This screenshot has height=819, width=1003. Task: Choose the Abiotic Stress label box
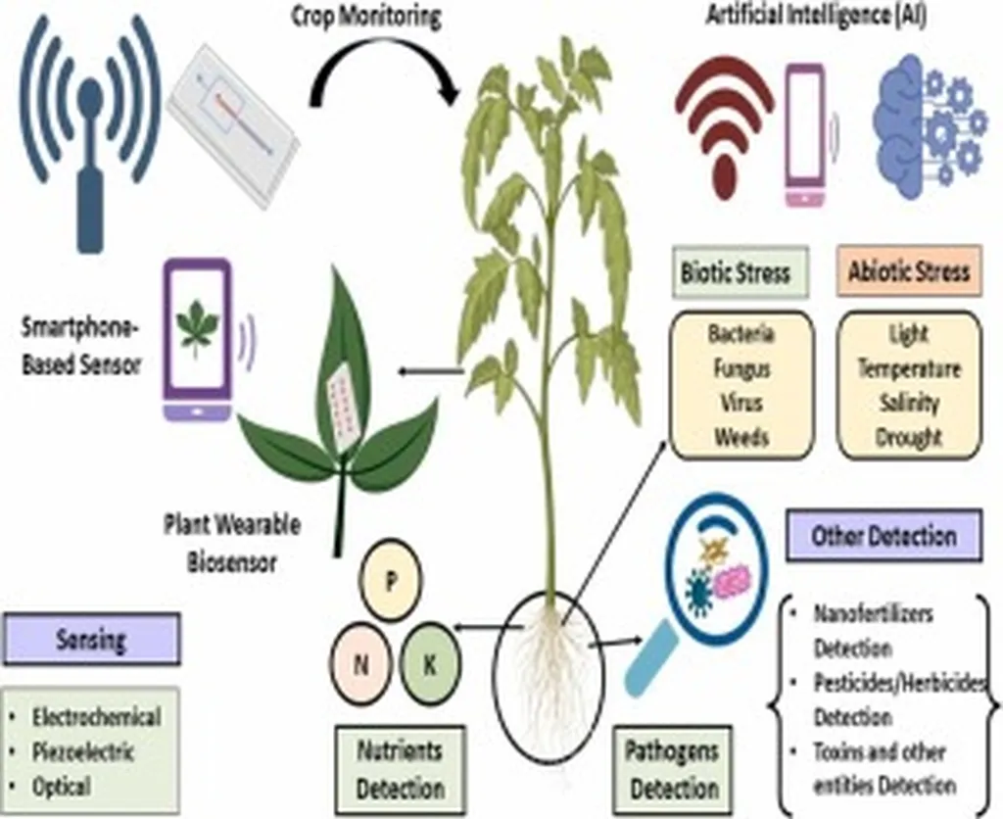[x=909, y=271]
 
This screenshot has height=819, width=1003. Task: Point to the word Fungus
[x=740, y=370]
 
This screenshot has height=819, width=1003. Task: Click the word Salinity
[x=908, y=402]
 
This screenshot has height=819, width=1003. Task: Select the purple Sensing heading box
[x=91, y=640]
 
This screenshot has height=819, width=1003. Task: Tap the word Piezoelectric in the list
[x=83, y=752]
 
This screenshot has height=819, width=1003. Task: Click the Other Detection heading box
[x=883, y=536]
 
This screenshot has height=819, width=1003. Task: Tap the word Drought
[x=908, y=436]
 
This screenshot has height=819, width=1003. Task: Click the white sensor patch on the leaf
[x=343, y=411]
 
